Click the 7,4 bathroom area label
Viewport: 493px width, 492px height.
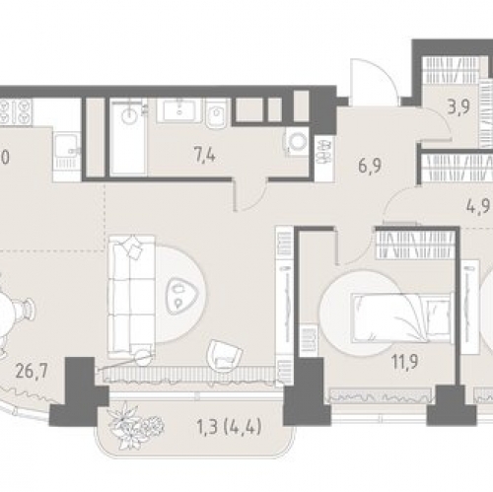(204, 155)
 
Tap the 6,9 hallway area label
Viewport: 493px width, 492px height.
(370, 166)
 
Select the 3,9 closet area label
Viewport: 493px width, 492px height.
(458, 106)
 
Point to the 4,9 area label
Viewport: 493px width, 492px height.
(478, 207)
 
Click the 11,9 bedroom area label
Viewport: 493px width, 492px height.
(404, 362)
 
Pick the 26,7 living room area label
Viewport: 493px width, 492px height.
(32, 371)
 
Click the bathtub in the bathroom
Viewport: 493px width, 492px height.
(128, 137)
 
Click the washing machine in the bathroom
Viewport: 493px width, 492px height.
(298, 142)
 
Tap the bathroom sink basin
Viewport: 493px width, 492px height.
(179, 110)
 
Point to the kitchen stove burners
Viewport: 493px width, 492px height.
(16, 111)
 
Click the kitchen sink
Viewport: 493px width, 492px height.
(67, 146)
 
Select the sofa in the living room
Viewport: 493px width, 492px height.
(131, 296)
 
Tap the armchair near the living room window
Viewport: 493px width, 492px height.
(224, 356)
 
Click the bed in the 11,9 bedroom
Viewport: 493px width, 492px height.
(401, 317)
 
